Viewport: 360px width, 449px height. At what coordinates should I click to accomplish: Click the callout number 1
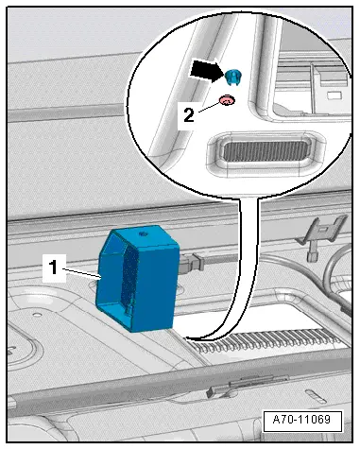click(54, 268)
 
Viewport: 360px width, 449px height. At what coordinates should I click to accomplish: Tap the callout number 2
click(189, 115)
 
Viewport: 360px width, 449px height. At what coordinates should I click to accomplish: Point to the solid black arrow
click(206, 71)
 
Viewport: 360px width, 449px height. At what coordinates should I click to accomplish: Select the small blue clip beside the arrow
click(233, 77)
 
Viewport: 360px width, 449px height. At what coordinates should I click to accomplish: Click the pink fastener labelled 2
click(227, 101)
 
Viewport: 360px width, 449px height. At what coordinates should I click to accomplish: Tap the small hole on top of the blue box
click(144, 233)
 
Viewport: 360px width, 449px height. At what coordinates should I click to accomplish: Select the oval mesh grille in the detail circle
click(265, 150)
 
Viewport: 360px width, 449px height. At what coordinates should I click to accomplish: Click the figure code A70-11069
click(301, 420)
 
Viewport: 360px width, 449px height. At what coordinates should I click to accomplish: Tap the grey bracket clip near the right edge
click(321, 233)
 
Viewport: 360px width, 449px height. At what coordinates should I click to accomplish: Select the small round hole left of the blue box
click(37, 315)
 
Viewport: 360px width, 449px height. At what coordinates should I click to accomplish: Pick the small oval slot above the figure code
click(317, 396)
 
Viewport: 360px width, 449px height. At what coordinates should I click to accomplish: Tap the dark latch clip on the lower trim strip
click(216, 391)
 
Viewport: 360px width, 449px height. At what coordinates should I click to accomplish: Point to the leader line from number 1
click(81, 273)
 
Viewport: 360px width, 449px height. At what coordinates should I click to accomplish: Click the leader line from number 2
click(210, 107)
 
